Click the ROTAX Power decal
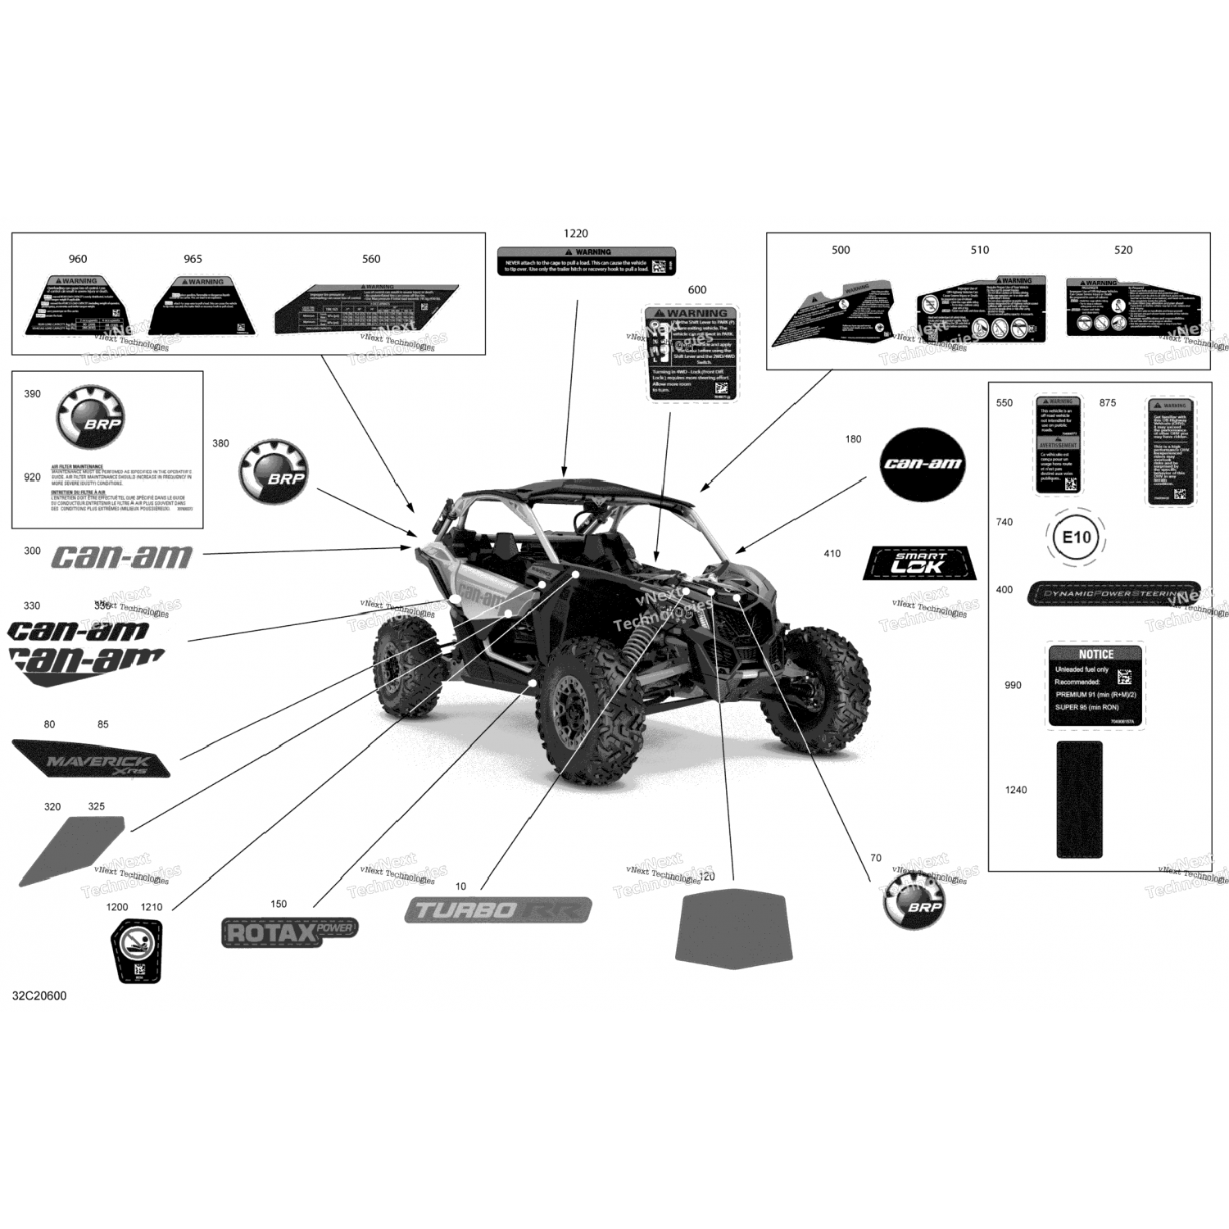(289, 932)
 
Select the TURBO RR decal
(498, 909)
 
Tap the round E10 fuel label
(1076, 537)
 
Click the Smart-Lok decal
(919, 563)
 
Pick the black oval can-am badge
(922, 464)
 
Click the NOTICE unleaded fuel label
(1095, 686)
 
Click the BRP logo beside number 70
(914, 900)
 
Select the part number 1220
(576, 234)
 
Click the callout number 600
(697, 290)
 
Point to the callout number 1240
(1016, 790)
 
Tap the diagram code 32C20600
(39, 995)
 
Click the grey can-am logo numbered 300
(122, 557)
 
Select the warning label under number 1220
(587, 261)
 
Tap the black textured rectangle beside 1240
(1079, 799)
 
